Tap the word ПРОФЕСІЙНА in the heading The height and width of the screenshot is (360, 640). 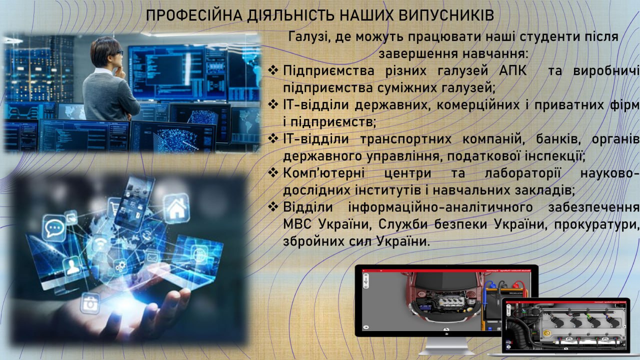click(194, 15)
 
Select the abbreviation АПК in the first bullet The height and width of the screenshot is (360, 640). click(513, 70)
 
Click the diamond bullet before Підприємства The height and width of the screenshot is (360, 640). click(273, 70)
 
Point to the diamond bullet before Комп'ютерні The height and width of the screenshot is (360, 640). click(273, 172)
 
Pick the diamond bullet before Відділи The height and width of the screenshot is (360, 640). click(273, 206)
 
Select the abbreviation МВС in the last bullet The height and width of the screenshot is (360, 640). click(297, 224)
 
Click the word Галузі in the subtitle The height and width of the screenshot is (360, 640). click(307, 37)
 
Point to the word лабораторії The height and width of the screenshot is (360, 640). click(523, 173)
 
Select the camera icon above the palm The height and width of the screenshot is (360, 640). click(90, 303)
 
